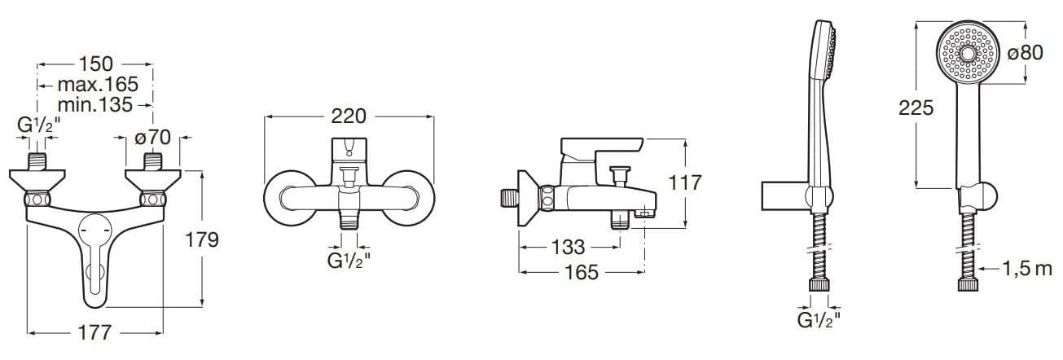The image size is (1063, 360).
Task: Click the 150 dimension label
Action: pos(95,64)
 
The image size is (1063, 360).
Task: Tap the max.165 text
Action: pos(98,85)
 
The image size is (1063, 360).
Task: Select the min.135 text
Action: pos(95,105)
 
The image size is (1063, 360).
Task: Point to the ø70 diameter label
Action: pos(152,138)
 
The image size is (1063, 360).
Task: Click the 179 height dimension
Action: pos(202,240)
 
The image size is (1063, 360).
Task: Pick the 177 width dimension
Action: pos(95,332)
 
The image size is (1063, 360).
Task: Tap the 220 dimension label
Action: pos(349,116)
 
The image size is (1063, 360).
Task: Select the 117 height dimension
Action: pos(685,182)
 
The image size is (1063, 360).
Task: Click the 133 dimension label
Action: pos(569,247)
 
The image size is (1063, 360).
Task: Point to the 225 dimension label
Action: pos(916,108)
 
